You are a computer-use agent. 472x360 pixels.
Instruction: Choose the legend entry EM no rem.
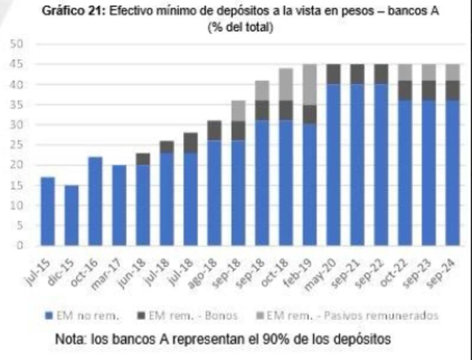[x=83, y=316]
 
